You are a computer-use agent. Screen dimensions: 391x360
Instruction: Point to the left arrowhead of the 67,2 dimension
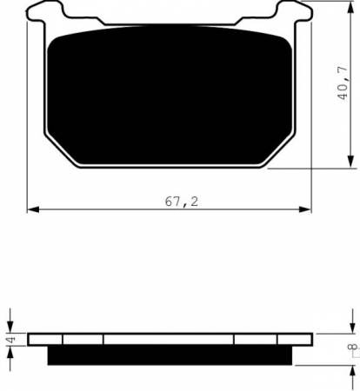pyautogui.click(x=32, y=209)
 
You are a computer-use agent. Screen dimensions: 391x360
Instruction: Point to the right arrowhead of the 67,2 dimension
pyautogui.click(x=307, y=209)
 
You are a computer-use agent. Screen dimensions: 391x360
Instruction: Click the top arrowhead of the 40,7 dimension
pyautogui.click(x=350, y=6)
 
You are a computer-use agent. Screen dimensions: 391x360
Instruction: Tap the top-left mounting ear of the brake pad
pyautogui.click(x=40, y=12)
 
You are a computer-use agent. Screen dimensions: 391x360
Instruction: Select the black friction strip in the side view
pyautogui.click(x=169, y=355)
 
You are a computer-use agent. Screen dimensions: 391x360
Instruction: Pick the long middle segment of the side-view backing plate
pyautogui.click(x=169, y=339)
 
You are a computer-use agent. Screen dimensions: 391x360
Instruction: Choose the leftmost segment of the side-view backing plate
pyautogui.click(x=45, y=339)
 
